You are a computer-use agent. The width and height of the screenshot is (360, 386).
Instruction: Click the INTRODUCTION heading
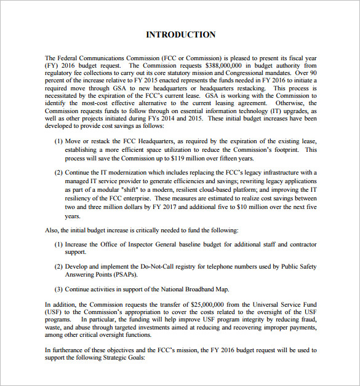click(x=180, y=34)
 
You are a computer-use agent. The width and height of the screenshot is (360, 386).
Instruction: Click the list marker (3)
click(x=58, y=289)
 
